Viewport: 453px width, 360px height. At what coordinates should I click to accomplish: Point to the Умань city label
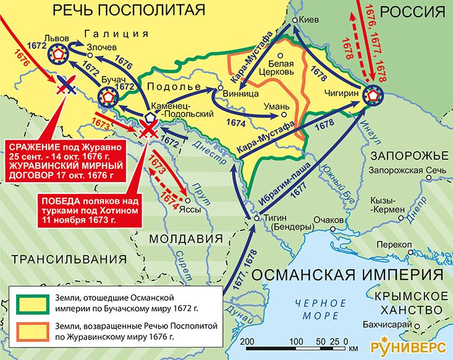(271, 106)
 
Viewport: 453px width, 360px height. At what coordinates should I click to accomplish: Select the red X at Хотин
(149, 128)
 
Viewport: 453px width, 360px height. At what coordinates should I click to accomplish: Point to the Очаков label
(328, 220)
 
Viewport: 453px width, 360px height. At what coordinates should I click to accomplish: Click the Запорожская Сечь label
(397, 170)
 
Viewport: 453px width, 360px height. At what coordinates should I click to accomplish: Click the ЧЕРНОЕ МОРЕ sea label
(320, 309)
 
